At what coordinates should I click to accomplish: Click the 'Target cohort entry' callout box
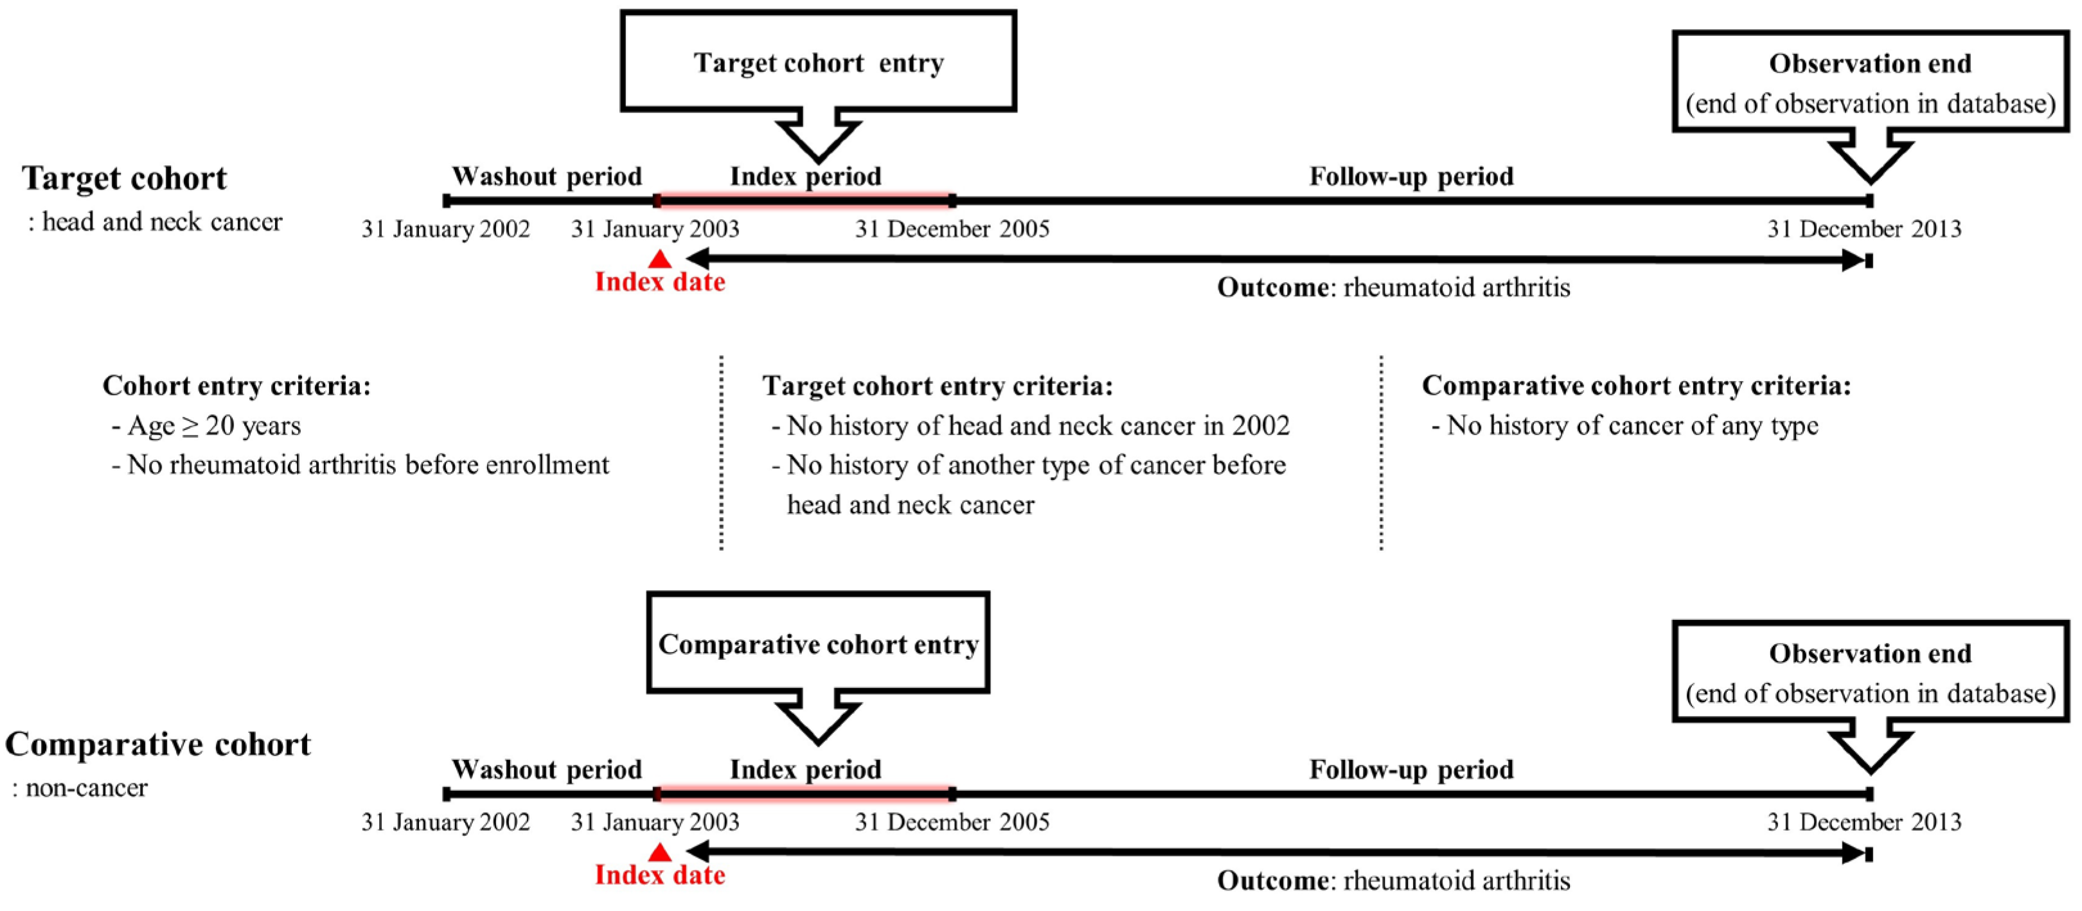[x=818, y=62]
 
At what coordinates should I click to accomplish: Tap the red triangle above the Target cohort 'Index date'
[x=659, y=259]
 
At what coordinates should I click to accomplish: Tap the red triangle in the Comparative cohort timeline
[x=659, y=852]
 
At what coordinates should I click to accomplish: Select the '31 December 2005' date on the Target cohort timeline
[x=952, y=229]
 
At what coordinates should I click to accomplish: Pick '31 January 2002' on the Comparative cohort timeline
[x=445, y=822]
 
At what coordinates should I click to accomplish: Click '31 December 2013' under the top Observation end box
[x=1864, y=229]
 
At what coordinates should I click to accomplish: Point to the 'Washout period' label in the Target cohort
[x=546, y=176]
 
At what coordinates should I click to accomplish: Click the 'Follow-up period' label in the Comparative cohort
[x=1411, y=769]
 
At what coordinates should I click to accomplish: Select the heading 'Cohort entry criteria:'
[x=236, y=385]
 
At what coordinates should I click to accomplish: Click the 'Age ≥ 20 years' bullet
[x=213, y=425]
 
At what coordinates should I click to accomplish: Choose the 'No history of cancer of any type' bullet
[x=1632, y=425]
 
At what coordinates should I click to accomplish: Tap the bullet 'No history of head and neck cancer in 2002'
[x=1038, y=425]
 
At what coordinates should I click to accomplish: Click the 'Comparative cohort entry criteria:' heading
[x=1636, y=385]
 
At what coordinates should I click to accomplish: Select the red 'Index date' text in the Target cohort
[x=659, y=281]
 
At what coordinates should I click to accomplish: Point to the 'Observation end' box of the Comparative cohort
[x=1869, y=671]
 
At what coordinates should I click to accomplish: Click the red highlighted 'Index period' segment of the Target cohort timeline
[x=805, y=200]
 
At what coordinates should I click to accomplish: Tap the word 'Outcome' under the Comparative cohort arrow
[x=1271, y=880]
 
